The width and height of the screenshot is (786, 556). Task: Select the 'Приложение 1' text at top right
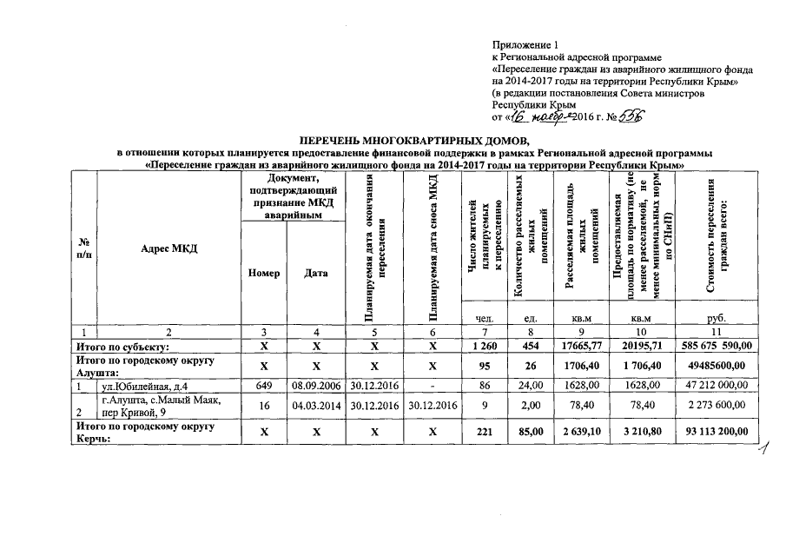pos(522,43)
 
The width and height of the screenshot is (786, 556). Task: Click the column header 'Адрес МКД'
pos(169,248)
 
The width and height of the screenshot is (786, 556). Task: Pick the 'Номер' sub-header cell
pos(263,273)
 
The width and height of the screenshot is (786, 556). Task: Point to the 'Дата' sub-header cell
pos(316,273)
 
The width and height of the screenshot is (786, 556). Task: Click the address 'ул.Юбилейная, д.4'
pos(141,385)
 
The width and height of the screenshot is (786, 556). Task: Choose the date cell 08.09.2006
pos(316,385)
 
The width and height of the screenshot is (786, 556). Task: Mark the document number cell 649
pos(263,385)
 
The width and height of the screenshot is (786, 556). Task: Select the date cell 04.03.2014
pos(316,405)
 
